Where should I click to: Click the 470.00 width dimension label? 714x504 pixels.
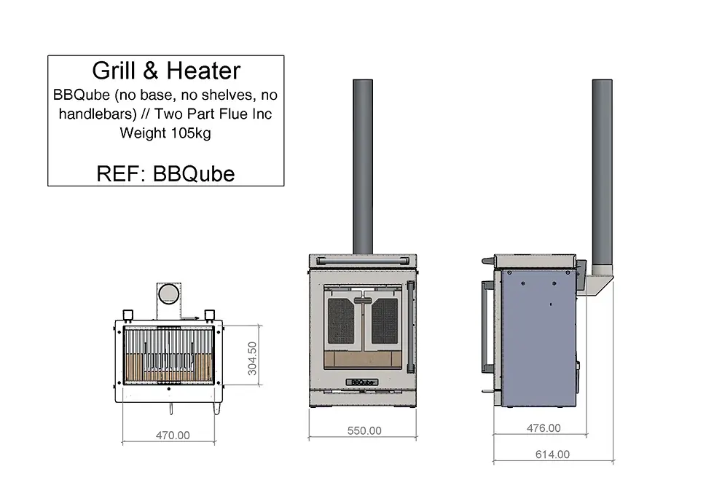coord(173,436)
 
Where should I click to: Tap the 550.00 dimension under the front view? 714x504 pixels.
coord(364,430)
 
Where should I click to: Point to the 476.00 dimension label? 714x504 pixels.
coord(544,428)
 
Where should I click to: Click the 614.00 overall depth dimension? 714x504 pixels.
coord(552,454)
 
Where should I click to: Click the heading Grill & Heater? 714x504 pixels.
coord(165,71)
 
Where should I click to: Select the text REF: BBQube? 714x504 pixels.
coord(165,174)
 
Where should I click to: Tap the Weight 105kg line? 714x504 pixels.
coord(165,133)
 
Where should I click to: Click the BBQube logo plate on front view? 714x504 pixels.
coord(363,381)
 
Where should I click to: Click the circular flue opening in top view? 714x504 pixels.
coord(169,293)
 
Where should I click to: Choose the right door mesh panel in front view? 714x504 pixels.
coord(385,320)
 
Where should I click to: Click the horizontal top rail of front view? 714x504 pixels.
coord(363,259)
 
